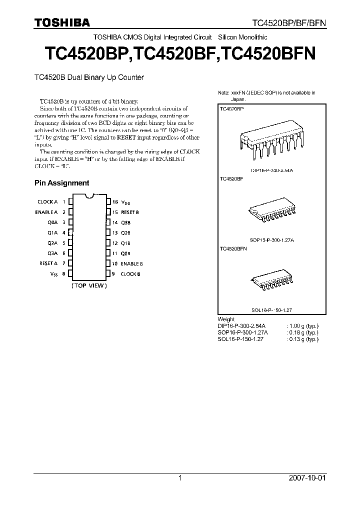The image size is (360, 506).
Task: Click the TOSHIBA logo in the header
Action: click(x=62, y=22)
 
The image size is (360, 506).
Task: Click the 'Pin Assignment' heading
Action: click(x=61, y=183)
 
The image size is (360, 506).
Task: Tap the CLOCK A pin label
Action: click(x=47, y=201)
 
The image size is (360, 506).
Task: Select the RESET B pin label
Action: click(x=129, y=212)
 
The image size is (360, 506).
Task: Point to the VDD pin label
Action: click(x=125, y=202)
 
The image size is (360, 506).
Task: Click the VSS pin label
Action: click(x=53, y=274)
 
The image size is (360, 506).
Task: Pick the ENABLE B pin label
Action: click(x=131, y=263)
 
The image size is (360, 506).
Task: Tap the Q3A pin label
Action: click(x=52, y=253)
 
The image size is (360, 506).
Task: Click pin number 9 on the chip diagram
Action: click(x=113, y=274)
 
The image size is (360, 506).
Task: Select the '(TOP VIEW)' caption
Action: click(x=89, y=285)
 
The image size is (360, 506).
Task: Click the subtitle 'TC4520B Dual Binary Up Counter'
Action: click(x=89, y=77)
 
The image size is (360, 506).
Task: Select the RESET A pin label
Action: click(x=48, y=263)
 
